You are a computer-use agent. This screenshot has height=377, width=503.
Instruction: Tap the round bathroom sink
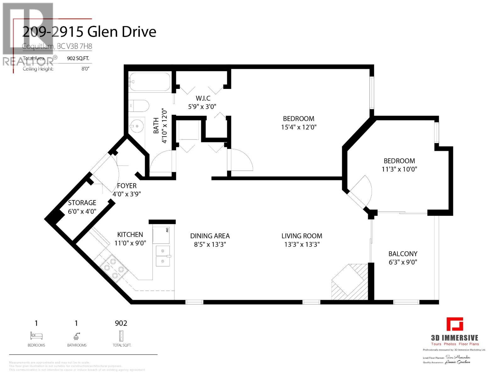click(137, 127)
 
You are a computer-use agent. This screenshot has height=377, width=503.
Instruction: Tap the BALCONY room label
click(403, 254)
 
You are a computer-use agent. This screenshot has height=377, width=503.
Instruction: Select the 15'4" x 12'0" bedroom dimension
click(298, 127)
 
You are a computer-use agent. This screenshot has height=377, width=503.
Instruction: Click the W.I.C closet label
click(203, 98)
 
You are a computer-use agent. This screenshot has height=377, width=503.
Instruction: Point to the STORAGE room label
click(82, 203)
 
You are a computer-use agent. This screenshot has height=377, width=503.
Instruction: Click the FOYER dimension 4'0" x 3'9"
click(127, 194)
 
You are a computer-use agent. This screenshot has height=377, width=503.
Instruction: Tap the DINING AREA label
click(210, 236)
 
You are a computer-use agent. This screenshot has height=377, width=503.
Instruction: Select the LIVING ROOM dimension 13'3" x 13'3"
click(302, 244)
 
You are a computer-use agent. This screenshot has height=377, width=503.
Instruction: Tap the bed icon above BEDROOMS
click(36, 336)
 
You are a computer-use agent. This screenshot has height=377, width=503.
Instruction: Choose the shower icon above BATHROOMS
click(76, 336)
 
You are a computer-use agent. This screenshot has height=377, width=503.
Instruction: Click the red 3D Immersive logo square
click(455, 324)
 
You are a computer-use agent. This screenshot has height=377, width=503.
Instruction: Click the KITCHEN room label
click(130, 234)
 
